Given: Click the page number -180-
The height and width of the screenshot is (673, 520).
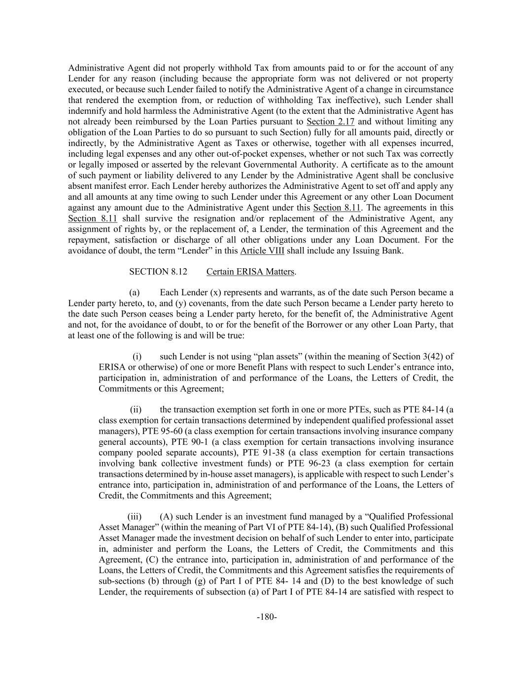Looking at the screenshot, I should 267,617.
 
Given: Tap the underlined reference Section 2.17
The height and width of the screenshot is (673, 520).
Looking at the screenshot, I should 330,122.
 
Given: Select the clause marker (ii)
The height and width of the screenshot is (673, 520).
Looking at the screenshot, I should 136,410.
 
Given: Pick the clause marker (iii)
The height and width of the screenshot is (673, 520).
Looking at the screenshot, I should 135,517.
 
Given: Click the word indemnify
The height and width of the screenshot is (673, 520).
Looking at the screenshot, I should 86,111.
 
